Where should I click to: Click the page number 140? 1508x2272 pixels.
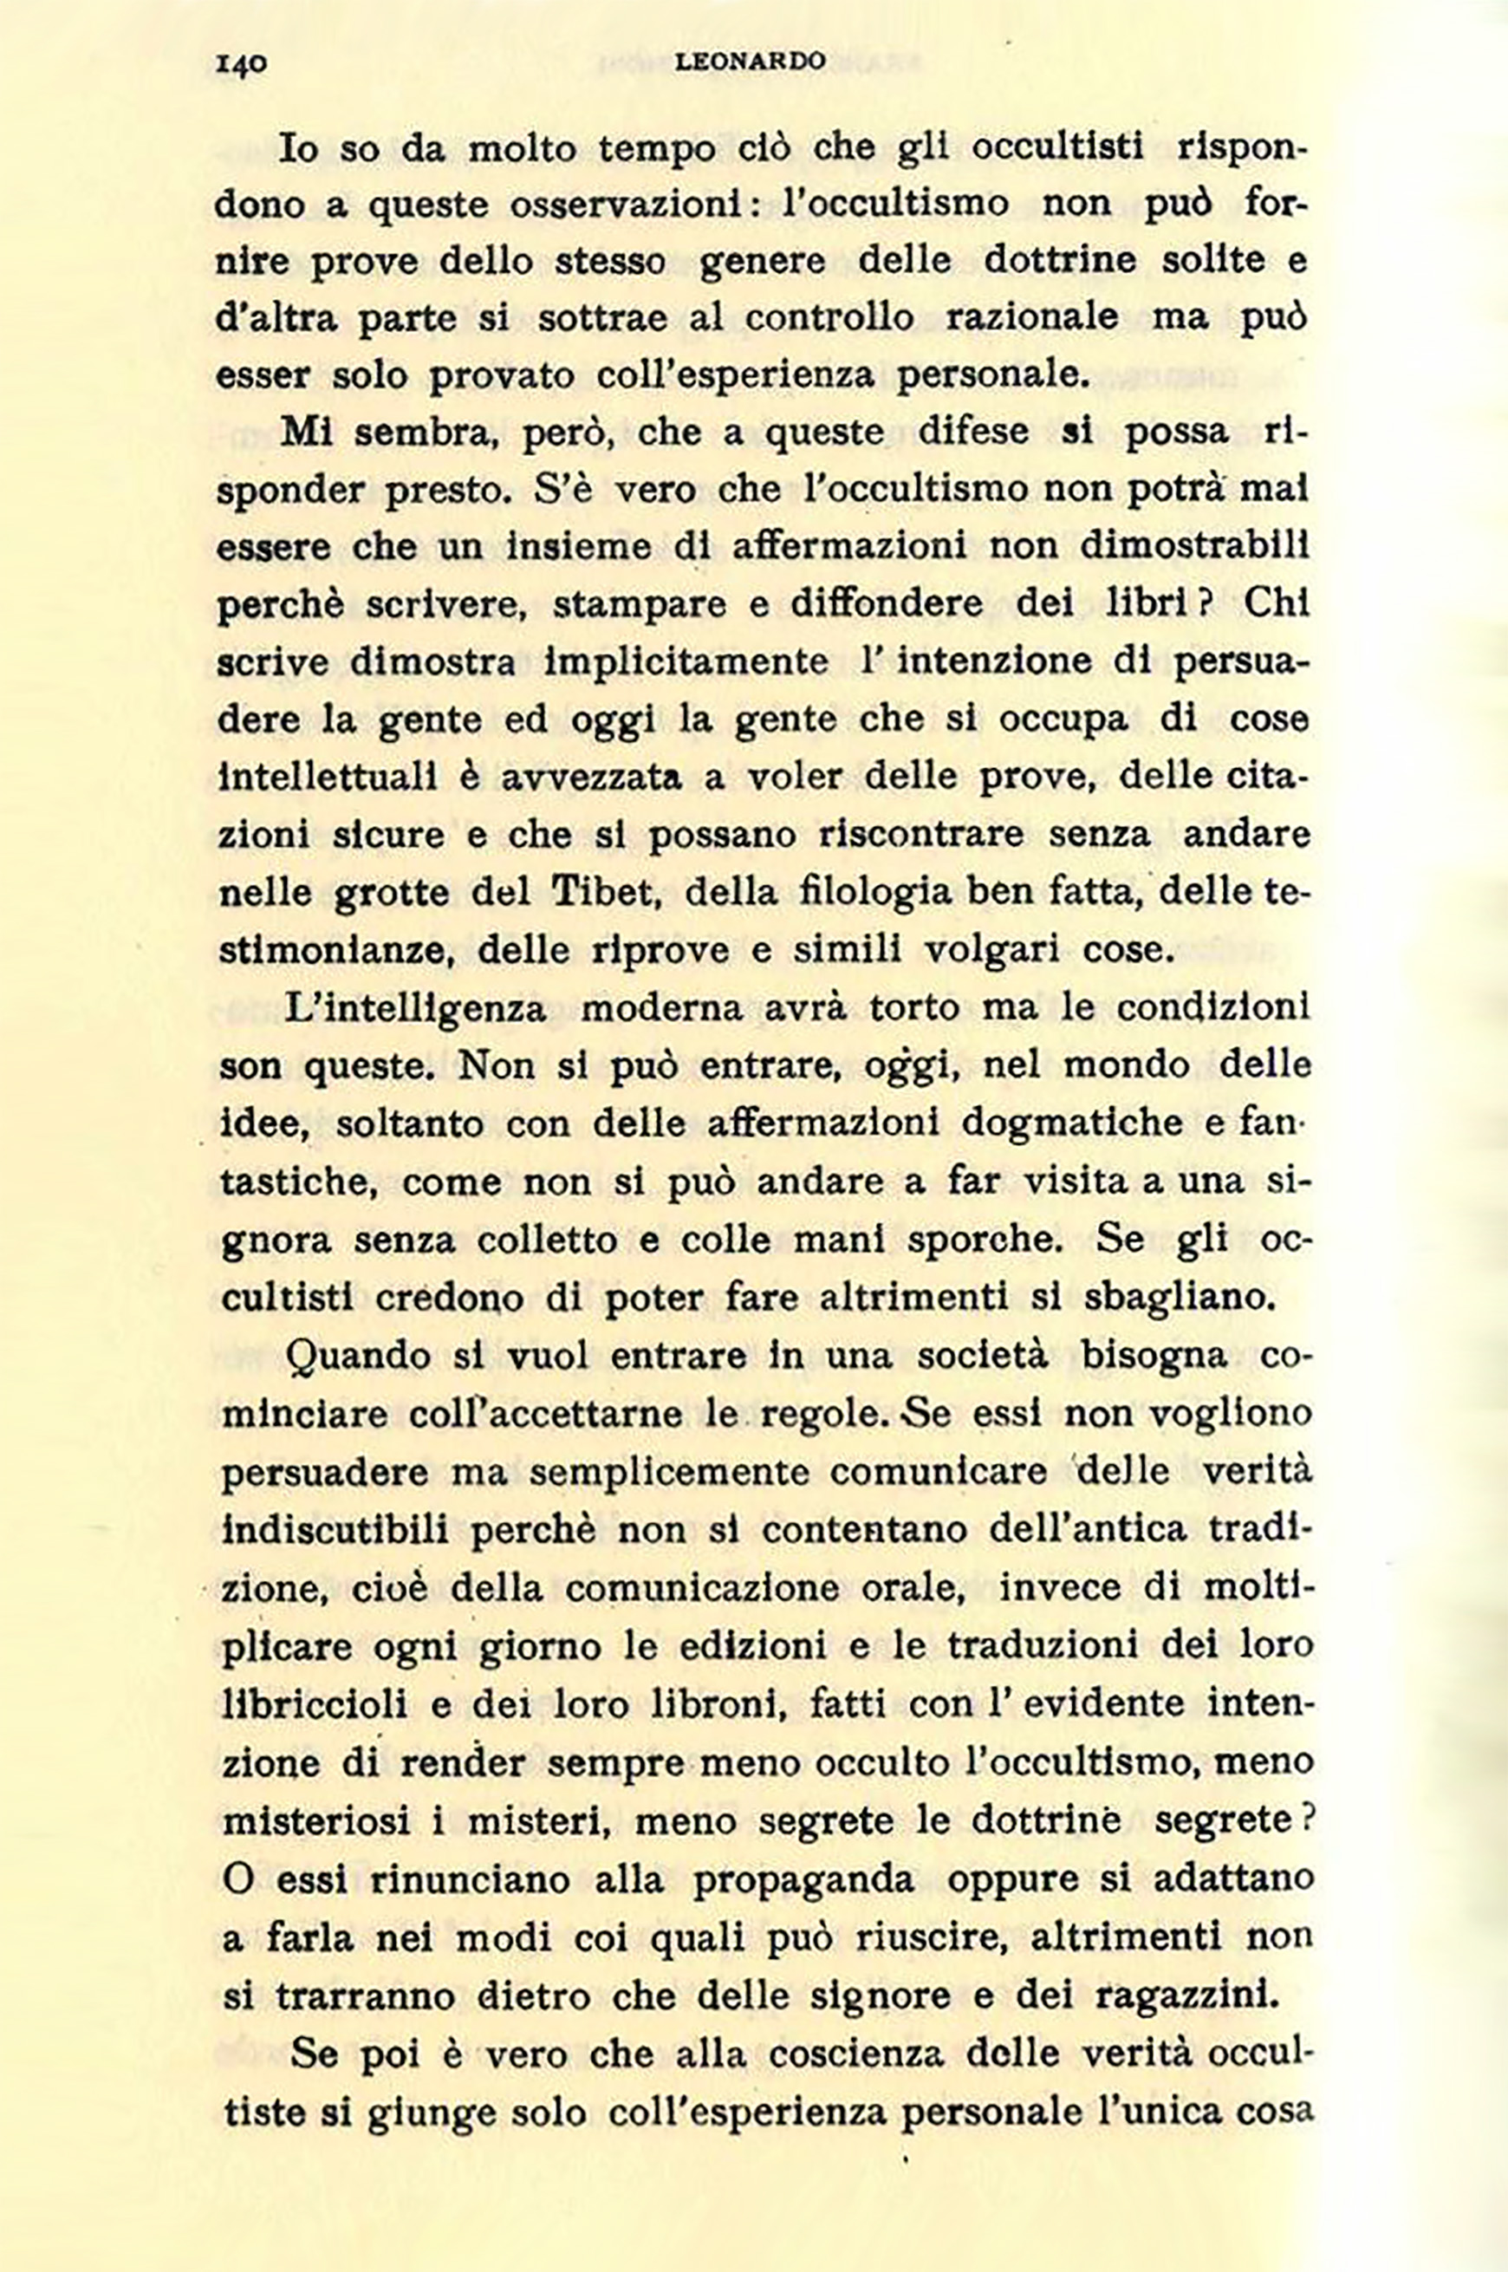[240, 63]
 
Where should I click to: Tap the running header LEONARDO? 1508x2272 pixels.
[751, 62]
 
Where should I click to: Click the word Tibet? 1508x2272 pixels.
[594, 893]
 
